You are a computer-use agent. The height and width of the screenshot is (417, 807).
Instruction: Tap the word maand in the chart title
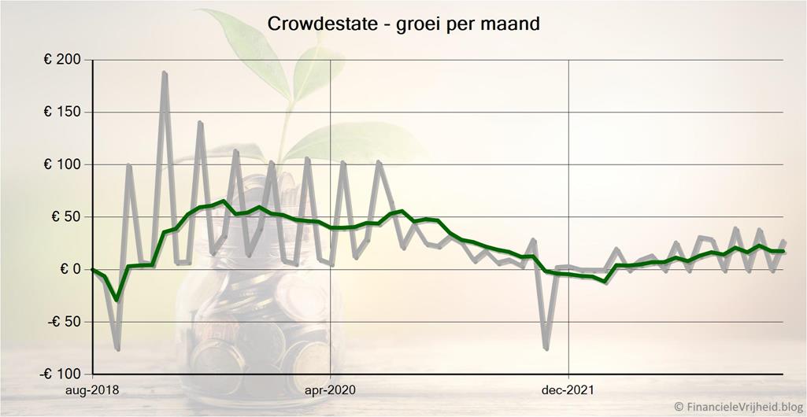513,24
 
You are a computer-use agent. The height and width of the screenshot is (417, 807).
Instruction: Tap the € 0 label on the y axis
70,269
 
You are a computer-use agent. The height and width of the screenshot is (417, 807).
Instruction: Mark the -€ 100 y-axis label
62,374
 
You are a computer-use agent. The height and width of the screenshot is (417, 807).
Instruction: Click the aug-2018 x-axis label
92,389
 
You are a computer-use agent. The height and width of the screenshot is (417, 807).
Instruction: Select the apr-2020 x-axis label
330,389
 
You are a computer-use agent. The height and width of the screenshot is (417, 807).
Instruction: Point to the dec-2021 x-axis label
568,389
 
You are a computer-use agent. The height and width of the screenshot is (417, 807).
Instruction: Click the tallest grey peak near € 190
165,72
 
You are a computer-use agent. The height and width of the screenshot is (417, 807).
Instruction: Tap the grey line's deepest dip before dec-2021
546,349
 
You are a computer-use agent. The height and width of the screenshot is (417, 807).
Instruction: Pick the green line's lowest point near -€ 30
117,299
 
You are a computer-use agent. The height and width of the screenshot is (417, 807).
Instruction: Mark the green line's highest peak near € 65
224,201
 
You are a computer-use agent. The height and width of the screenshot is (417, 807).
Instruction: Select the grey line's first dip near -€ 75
117,349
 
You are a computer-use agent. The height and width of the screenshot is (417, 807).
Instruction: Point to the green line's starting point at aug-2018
93,269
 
